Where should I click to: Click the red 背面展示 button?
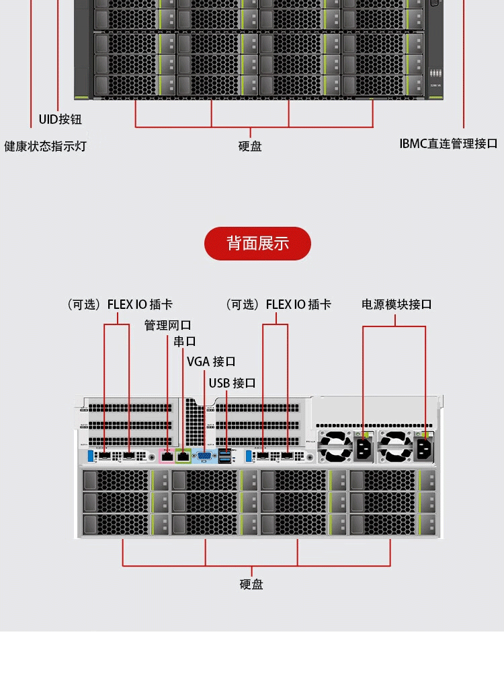tap(257, 243)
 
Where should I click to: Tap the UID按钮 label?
tap(60, 119)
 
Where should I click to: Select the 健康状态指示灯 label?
tap(46, 145)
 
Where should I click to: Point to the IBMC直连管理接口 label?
tap(448, 143)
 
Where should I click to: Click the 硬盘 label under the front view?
tap(250, 146)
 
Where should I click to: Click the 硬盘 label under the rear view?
tap(251, 584)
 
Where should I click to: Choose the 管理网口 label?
tap(168, 325)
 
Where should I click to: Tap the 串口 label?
tap(185, 341)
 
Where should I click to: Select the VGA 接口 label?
tap(211, 361)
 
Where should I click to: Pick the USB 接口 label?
tap(232, 383)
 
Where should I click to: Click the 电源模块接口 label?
tap(396, 304)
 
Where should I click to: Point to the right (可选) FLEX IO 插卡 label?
tap(278, 304)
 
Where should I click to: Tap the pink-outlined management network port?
tap(167, 456)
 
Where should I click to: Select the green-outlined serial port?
tap(183, 456)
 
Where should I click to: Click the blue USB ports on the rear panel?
tap(224, 456)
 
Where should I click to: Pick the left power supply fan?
tap(335, 448)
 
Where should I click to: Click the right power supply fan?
tap(395, 448)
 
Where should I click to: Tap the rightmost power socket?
tap(425, 449)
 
